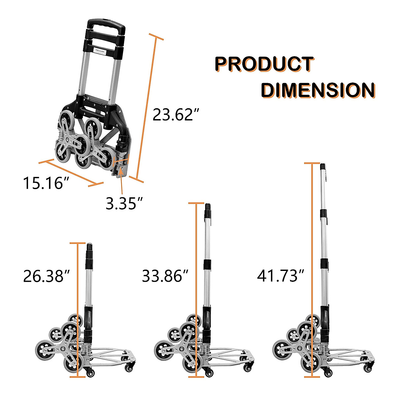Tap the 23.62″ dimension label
click(176, 115)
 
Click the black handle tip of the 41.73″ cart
click(323, 167)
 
